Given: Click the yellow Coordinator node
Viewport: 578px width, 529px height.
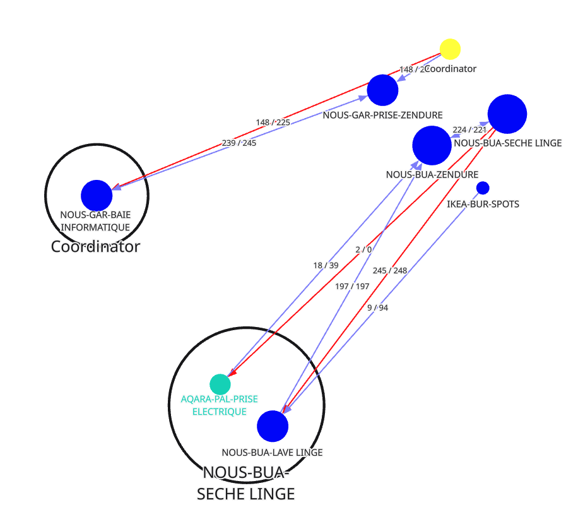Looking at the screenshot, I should point(450,49).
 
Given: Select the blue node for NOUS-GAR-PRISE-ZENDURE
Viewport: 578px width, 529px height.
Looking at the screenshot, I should point(382,90).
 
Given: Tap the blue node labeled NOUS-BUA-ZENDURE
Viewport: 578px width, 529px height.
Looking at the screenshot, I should point(432,145).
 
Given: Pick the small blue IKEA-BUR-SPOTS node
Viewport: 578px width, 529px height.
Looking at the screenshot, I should point(483,187).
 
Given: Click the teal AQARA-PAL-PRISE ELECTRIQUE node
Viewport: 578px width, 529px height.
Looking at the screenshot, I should point(220,384).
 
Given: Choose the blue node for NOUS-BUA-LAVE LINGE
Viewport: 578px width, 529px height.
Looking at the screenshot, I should point(273,426).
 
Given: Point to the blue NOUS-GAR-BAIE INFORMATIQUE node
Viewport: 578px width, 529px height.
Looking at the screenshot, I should point(97,195).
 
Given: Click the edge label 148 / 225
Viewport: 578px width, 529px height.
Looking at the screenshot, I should point(273,122).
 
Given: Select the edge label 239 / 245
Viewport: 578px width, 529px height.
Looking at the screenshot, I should point(239,143).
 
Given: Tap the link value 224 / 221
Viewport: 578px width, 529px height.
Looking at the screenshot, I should point(469,130).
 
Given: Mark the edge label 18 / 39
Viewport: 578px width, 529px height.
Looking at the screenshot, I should point(326,266).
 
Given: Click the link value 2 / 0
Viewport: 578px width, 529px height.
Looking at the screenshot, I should point(363,249).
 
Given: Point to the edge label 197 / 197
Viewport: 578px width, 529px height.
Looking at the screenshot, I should point(352,287).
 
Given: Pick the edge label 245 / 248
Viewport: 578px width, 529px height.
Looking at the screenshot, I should point(389,271).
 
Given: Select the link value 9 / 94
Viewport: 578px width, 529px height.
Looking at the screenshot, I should point(377,308).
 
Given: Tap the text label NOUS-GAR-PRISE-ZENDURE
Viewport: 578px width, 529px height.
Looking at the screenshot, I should point(382,115).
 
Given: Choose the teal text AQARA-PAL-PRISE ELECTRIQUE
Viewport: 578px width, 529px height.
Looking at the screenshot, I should point(219,405).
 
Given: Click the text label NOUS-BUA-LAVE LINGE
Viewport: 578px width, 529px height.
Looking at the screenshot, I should point(272,452).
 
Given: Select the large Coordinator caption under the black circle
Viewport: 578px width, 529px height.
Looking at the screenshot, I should point(95,247).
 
